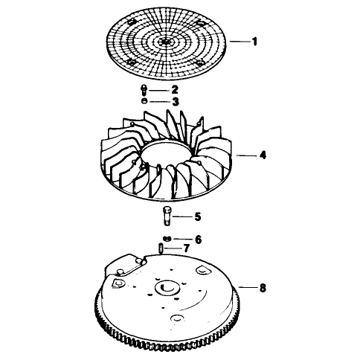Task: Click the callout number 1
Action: point(254,42)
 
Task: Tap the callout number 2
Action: point(175,90)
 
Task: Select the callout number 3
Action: point(176,101)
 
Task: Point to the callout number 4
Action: point(263,155)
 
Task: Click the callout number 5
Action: point(198,216)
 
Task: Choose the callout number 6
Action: point(199,240)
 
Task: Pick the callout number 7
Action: point(187,248)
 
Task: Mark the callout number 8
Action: point(263,288)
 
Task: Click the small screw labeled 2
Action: point(144,91)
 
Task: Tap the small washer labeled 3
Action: point(144,101)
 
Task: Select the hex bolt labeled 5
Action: point(167,216)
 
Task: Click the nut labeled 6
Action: point(167,239)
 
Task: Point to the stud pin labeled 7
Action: point(161,248)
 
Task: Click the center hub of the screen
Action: point(165,42)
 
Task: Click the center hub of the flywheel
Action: point(167,288)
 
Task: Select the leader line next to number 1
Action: point(240,42)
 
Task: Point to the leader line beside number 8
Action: point(248,287)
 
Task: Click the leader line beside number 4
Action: point(247,155)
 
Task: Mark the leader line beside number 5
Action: point(182,217)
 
